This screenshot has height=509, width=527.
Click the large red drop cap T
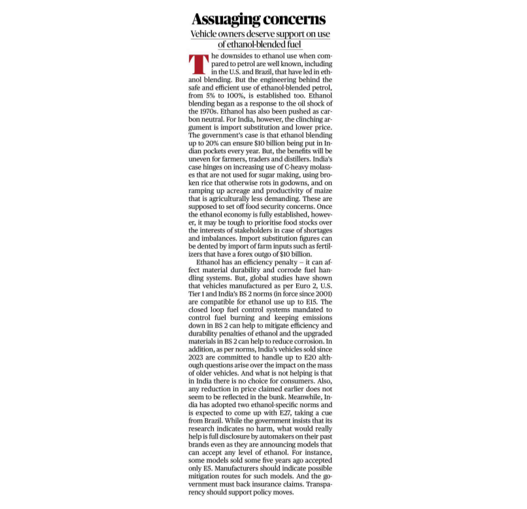197,64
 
